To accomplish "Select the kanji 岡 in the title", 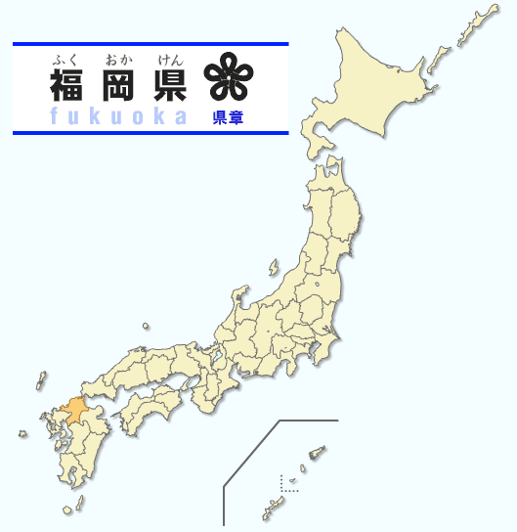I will (x=120, y=86).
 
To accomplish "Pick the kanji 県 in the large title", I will (x=169, y=86).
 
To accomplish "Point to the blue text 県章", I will (x=229, y=117).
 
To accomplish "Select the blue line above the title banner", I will (x=151, y=44).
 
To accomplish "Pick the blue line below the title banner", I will (x=151, y=131).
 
